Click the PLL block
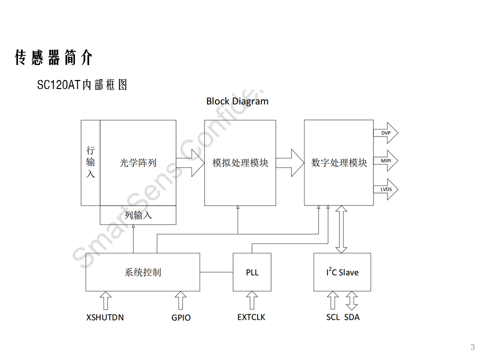pyautogui.click(x=252, y=272)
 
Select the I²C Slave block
pyautogui.click(x=342, y=272)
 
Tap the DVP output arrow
pyautogui.click(x=386, y=133)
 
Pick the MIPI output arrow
pyautogui.click(x=386, y=161)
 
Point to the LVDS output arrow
pyautogui.click(x=386, y=189)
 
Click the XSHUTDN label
pyautogui.click(x=105, y=317)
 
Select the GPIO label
pyautogui.click(x=180, y=317)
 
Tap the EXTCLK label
pyautogui.click(x=251, y=317)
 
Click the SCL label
pyautogui.click(x=333, y=317)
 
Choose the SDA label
pyautogui.click(x=352, y=317)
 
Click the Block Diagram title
pyautogui.click(x=237, y=101)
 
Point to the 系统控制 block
pyautogui.click(x=142, y=272)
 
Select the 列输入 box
pyautogui.click(x=138, y=215)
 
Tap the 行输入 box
pyautogui.click(x=90, y=162)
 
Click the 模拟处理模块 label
pyautogui.click(x=240, y=163)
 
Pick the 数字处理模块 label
pyautogui.click(x=339, y=163)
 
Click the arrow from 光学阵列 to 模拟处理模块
pyautogui.click(x=190, y=162)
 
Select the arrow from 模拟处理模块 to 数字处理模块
pyautogui.click(x=290, y=162)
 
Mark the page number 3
pyautogui.click(x=472, y=347)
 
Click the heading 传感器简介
pyautogui.click(x=53, y=58)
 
